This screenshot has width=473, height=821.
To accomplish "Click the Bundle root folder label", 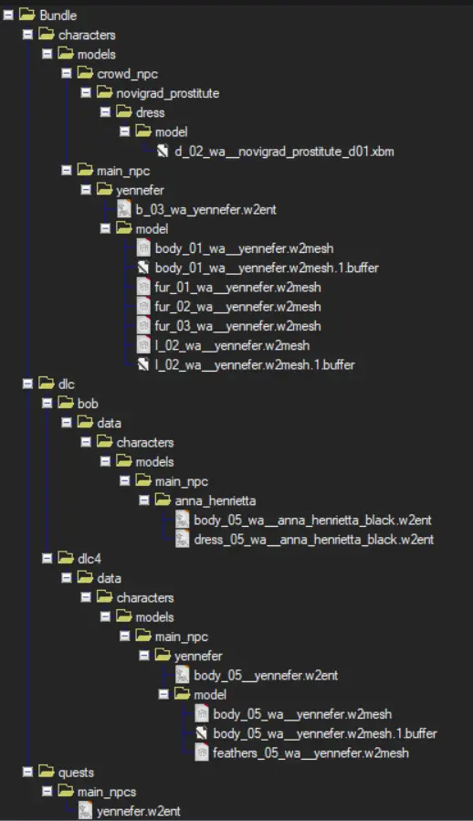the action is coord(58,16).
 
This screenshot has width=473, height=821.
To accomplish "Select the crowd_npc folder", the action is coord(127,74).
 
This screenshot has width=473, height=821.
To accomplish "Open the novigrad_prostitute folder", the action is coord(168,93).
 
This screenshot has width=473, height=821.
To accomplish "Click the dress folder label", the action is coord(151,112).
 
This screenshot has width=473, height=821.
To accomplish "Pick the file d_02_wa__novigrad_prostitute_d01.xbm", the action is coord(284,152).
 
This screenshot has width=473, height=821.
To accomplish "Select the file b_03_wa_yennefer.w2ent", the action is coord(205,209).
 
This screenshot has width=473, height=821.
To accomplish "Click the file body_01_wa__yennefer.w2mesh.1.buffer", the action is coord(267,268).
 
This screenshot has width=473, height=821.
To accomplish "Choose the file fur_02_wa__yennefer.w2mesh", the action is coord(237,306).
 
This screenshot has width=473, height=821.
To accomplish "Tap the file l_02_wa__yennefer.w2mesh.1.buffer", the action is coord(255,364).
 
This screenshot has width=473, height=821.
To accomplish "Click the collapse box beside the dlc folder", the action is coord(27,384).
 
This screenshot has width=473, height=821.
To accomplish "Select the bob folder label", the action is coord(88,403).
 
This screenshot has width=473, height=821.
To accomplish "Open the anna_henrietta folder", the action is coord(215,500).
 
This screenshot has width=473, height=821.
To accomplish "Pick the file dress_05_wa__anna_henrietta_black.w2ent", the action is coord(314,540).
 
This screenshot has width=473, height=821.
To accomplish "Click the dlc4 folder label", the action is coord(89,559).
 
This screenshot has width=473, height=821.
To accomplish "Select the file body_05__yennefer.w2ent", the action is coord(266,675).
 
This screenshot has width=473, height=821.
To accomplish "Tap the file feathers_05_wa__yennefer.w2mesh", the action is coord(310,753).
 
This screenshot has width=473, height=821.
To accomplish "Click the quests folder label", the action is coord(76,773).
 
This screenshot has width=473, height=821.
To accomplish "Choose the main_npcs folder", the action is coord(107,792).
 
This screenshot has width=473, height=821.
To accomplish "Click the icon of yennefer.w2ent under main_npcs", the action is coord(85,811).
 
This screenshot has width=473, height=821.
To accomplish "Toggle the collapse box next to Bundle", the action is coord(8,16).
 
